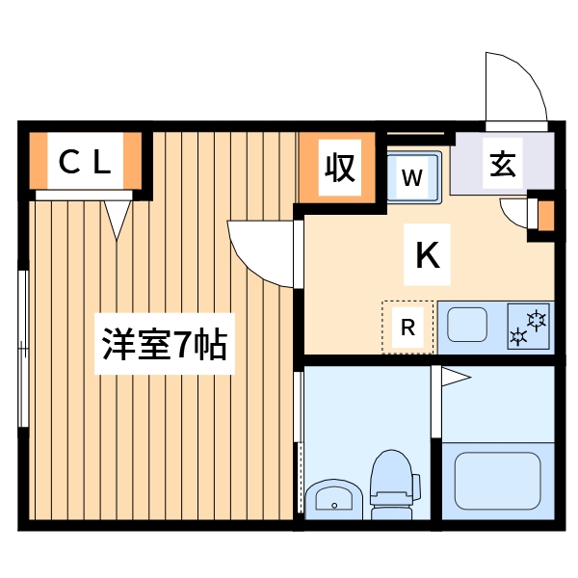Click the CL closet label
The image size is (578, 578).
point(86,161)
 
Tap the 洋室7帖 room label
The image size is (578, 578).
point(165,343)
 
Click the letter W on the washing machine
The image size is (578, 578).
point(412,177)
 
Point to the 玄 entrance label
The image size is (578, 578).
point(502,163)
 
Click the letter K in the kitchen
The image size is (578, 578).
point(428,254)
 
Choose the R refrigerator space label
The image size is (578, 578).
point(407,328)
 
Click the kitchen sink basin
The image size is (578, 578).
point(468,324)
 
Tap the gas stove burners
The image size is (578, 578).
point(527,326)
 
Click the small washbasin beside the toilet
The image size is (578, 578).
point(333,499)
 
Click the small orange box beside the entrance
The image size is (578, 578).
point(545,216)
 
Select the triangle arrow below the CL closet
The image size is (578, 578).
point(118,218)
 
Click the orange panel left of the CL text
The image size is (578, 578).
point(39,161)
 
